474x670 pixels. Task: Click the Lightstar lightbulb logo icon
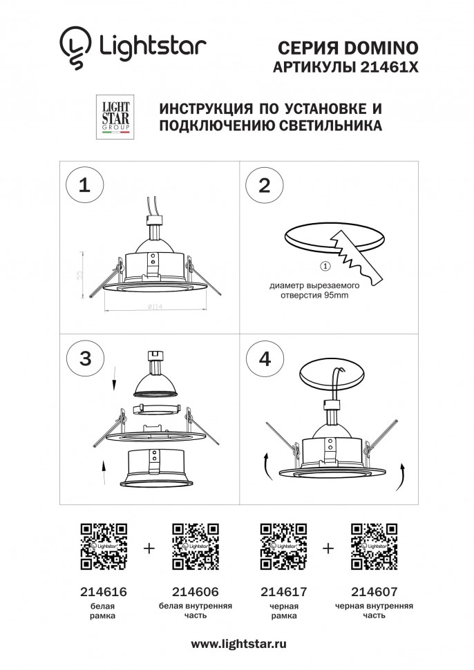click(74, 48)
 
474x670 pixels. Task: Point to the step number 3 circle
click(84, 358)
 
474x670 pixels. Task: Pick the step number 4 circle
click(264, 358)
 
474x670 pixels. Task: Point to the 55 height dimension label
click(81, 274)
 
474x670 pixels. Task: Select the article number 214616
click(104, 592)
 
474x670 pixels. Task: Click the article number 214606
click(194, 592)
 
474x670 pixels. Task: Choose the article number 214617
click(283, 592)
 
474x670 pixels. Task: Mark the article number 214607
click(374, 592)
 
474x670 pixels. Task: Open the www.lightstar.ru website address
click(238, 643)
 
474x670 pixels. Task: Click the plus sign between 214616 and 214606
click(149, 548)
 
